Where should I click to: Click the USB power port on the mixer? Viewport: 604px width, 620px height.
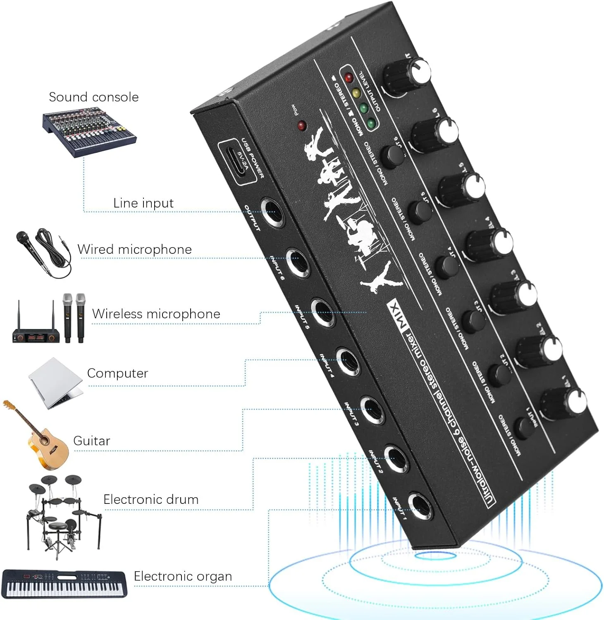tap(235, 162)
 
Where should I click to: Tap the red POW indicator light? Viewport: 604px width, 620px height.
tap(302, 125)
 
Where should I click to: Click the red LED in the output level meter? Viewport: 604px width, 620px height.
tap(349, 77)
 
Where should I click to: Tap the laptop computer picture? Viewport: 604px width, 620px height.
tap(55, 382)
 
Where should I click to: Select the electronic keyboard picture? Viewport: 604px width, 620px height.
tap(64, 584)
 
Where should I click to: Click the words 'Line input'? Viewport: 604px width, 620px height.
tap(143, 203)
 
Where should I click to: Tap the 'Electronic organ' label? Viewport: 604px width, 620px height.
tap(182, 576)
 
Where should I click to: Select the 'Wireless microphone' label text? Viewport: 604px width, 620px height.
tap(156, 314)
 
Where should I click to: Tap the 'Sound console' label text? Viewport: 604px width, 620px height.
tap(93, 97)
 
